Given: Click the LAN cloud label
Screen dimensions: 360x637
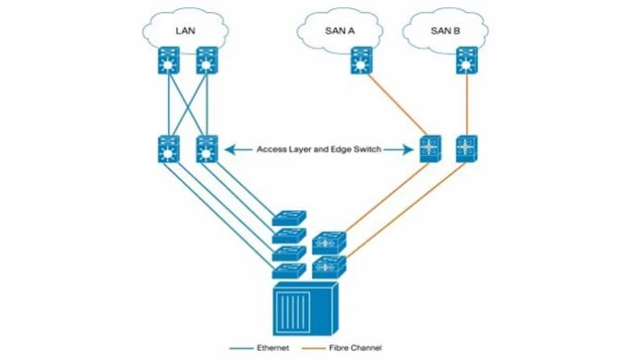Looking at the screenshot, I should click(x=186, y=30).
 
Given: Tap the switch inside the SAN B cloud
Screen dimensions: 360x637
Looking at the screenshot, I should click(x=466, y=62).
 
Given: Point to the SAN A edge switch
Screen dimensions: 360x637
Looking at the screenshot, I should click(x=430, y=148).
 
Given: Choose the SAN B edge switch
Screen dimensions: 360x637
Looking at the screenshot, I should click(x=466, y=148).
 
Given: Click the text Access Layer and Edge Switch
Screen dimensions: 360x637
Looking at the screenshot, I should click(x=319, y=148).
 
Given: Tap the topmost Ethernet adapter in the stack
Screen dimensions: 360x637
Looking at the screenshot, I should click(x=287, y=218).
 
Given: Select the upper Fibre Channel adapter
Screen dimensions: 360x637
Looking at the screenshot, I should click(x=329, y=243).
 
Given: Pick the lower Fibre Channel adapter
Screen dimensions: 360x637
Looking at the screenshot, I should click(x=329, y=269).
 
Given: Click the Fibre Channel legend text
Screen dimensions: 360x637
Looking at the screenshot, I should click(x=355, y=348).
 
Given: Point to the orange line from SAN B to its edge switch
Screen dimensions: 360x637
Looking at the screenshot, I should click(x=466, y=103).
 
